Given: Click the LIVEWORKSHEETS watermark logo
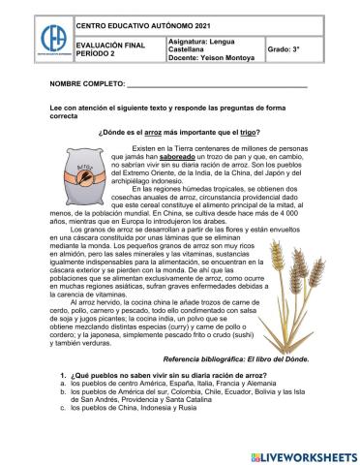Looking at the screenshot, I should click(x=305, y=454).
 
